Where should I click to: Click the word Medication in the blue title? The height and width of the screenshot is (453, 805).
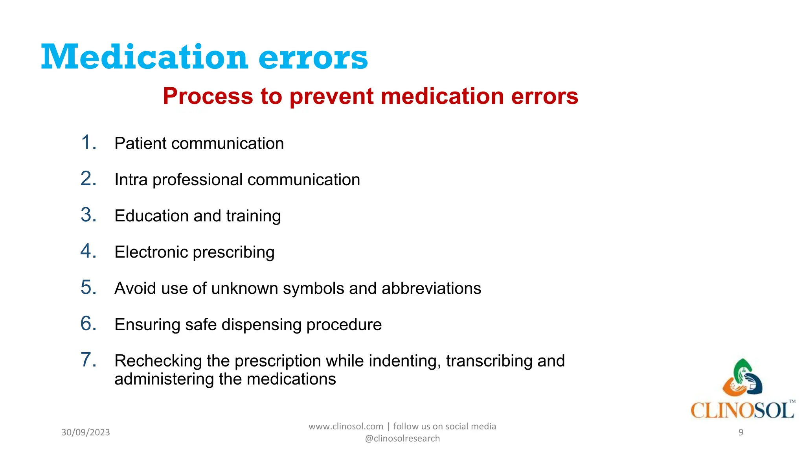pyautogui.click(x=144, y=57)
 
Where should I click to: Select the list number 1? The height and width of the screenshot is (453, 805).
pyautogui.click(x=88, y=142)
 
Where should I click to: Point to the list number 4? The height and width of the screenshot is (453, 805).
pyautogui.click(x=88, y=251)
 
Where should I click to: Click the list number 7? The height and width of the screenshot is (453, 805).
pyautogui.click(x=88, y=360)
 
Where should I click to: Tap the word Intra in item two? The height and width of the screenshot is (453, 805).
pyautogui.click(x=131, y=180)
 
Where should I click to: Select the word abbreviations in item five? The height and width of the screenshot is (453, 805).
pyautogui.click(x=431, y=289)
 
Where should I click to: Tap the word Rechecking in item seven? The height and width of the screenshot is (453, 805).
pyautogui.click(x=160, y=361)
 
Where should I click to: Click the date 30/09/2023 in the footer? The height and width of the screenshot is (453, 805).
pyautogui.click(x=86, y=433)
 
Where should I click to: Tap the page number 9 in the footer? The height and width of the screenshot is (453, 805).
pyautogui.click(x=741, y=433)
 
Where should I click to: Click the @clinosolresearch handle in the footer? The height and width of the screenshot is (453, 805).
pyautogui.click(x=402, y=438)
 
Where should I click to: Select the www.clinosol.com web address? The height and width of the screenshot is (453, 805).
pyautogui.click(x=346, y=427)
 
